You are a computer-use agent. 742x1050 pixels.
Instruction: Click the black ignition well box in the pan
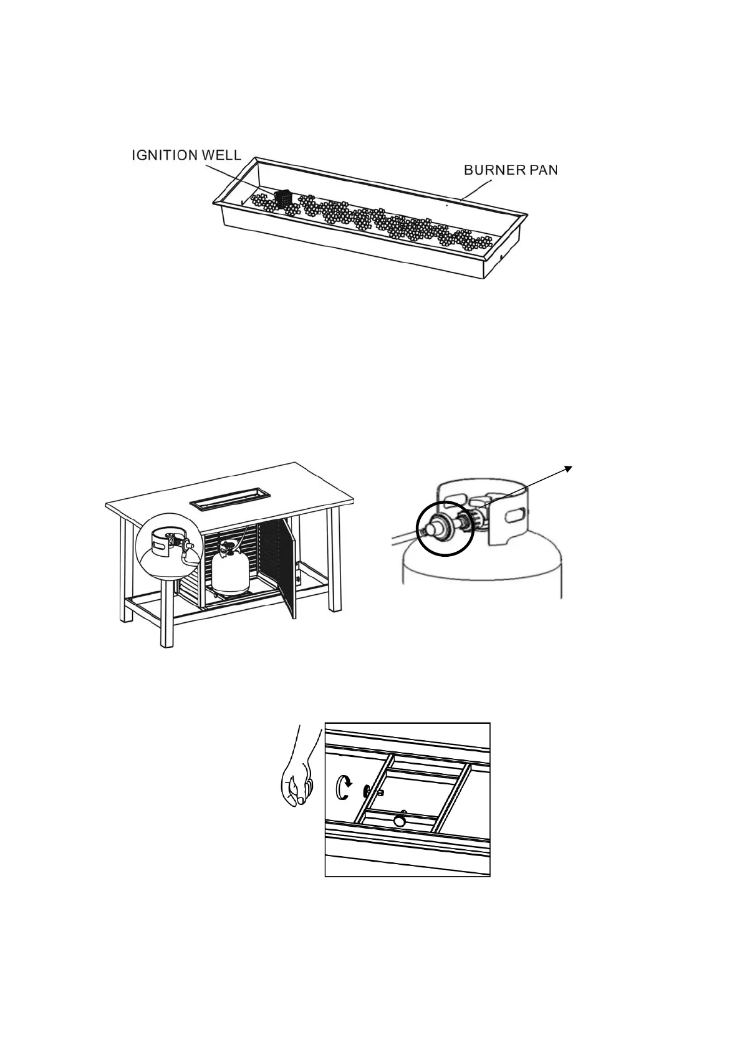pos(282,198)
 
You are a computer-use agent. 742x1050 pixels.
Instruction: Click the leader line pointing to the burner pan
pos(477,190)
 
